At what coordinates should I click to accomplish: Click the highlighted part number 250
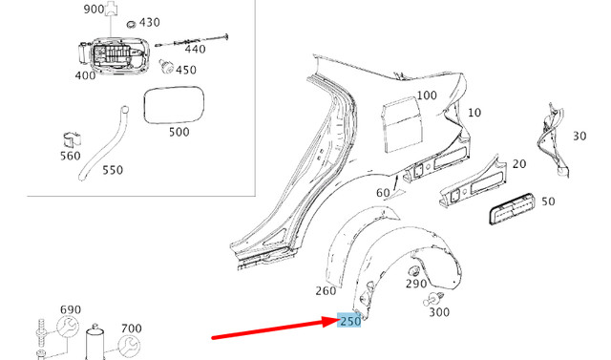coord(349,322)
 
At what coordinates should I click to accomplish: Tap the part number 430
coord(150,22)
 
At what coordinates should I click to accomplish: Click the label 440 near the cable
coord(195,49)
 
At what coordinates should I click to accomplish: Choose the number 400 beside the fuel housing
coord(85,74)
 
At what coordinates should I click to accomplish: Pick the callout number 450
coord(186,70)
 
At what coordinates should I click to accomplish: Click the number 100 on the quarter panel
coord(426,95)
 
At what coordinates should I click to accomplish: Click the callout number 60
coord(383,193)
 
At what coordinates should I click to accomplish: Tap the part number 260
coord(326,290)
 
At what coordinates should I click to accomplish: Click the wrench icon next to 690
coord(68,328)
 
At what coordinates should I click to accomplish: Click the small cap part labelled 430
coord(131,22)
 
